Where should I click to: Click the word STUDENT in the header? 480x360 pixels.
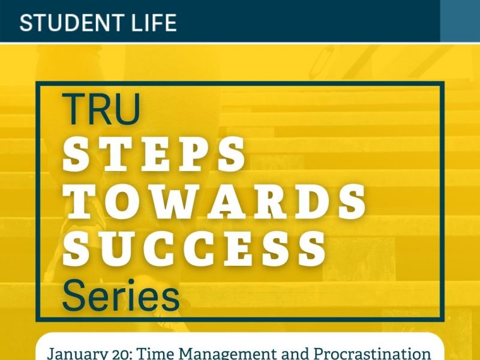coord(71,23)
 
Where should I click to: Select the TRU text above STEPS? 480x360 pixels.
coord(101,109)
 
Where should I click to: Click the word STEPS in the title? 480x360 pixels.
coord(154,154)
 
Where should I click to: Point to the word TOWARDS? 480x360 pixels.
coord(214,202)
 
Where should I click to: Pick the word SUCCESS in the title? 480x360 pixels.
coord(194,249)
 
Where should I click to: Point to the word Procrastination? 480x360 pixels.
coord(372,353)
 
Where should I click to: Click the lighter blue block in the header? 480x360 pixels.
coord(460,21)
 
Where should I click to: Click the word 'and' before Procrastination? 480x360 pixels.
coord(295,354)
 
